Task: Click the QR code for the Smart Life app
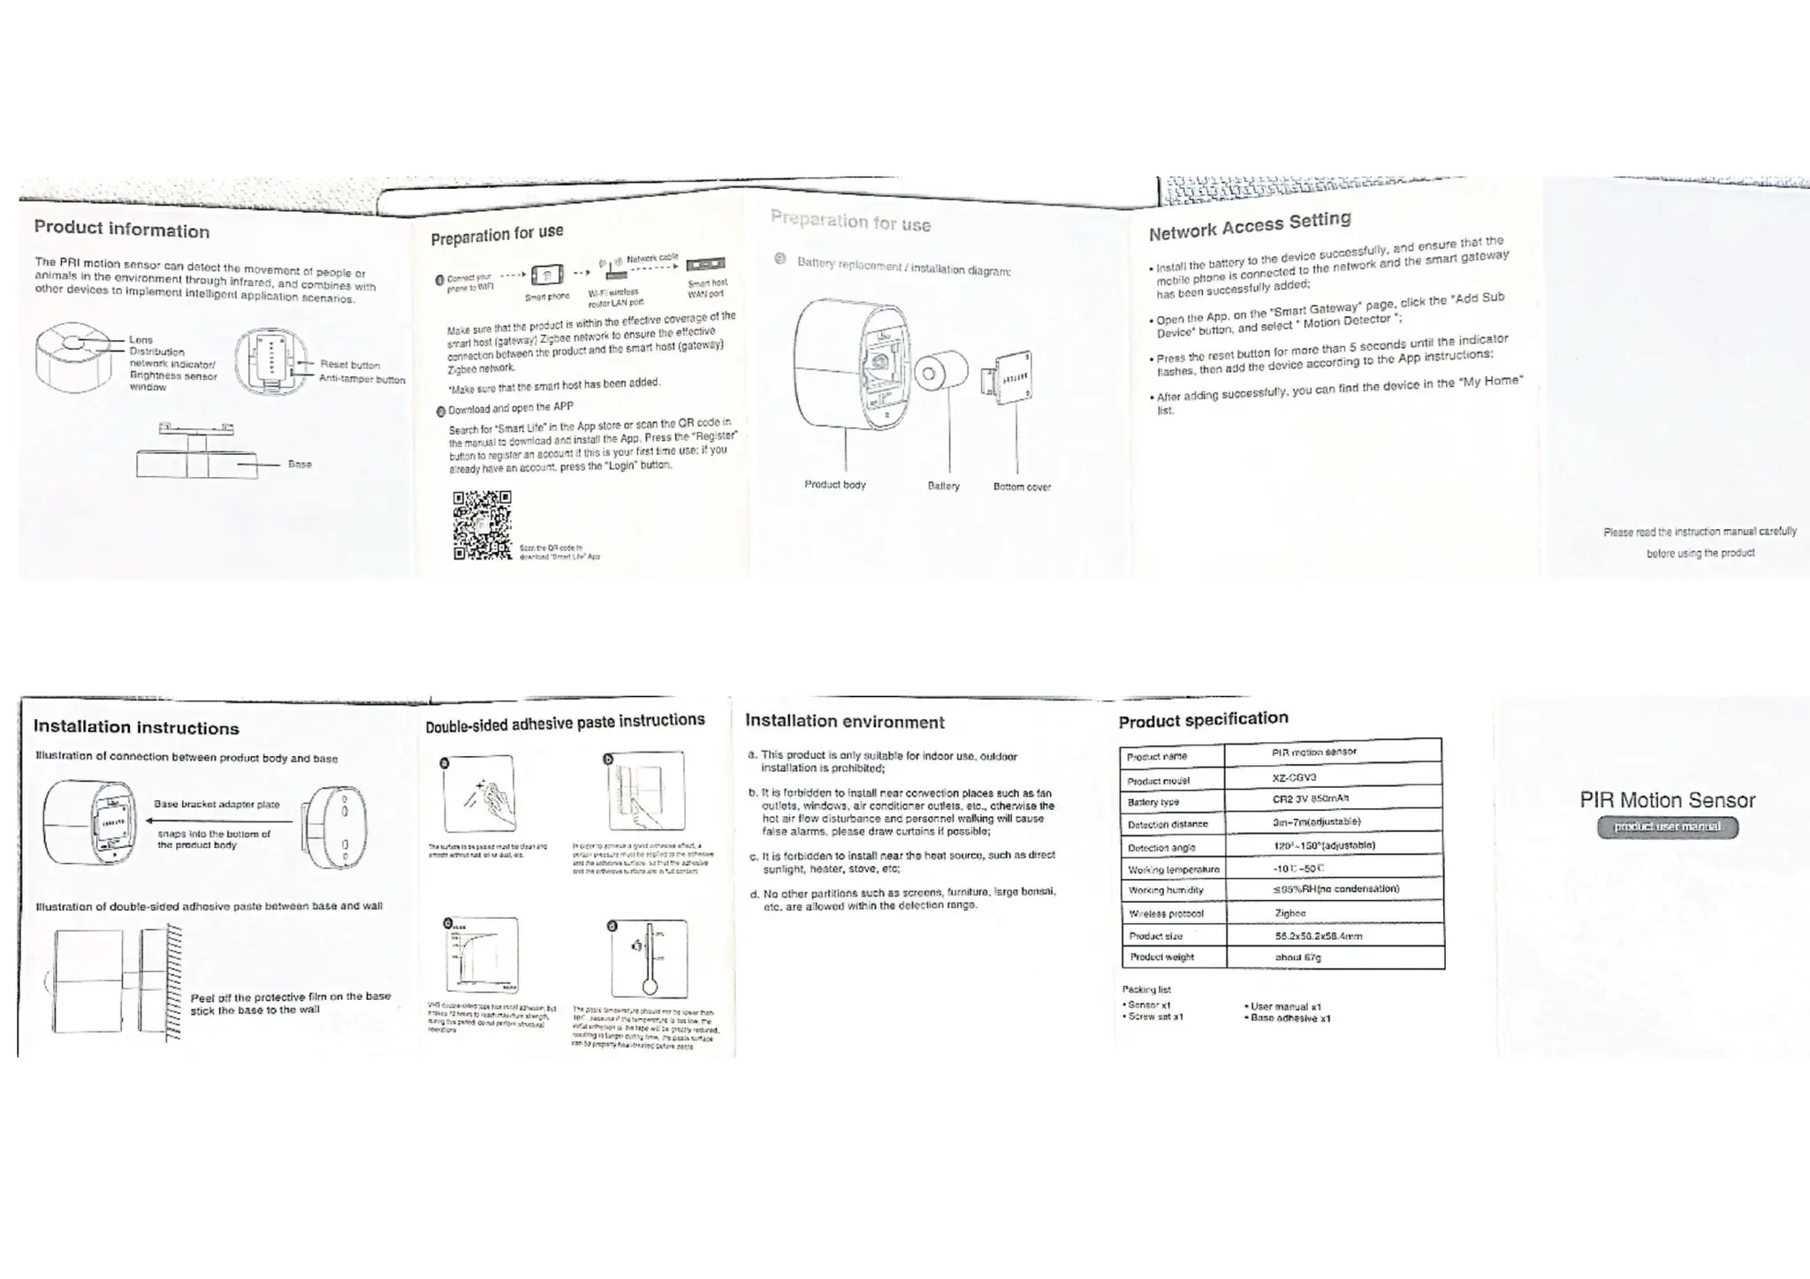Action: click(x=482, y=526)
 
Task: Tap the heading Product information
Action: click(x=122, y=230)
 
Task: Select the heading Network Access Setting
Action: click(x=1250, y=226)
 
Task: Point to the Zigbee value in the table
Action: click(x=1290, y=912)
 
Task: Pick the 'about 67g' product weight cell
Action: click(x=1297, y=957)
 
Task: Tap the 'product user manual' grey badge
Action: click(x=1667, y=827)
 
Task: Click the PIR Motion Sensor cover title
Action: click(x=1667, y=800)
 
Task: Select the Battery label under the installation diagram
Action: click(x=943, y=486)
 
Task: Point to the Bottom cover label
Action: click(x=1022, y=487)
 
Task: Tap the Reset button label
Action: click(x=350, y=365)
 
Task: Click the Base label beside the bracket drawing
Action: click(x=300, y=464)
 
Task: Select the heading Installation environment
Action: click(x=844, y=722)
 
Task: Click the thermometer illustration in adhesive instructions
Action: click(x=650, y=958)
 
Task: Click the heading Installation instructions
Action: click(x=136, y=728)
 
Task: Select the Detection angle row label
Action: click(x=1161, y=848)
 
